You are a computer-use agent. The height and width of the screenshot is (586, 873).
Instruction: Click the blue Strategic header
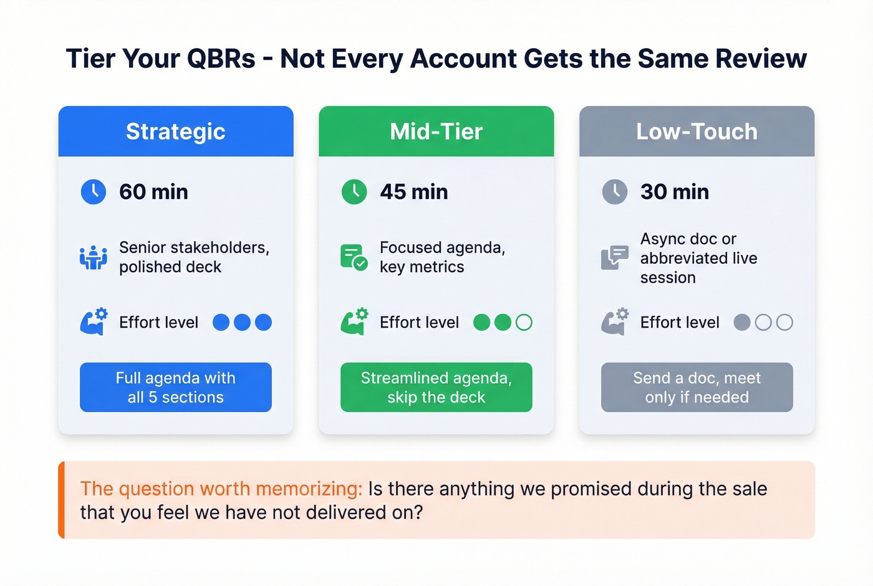pyautogui.click(x=176, y=132)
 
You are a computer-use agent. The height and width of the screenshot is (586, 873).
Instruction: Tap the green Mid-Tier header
pyautogui.click(x=436, y=132)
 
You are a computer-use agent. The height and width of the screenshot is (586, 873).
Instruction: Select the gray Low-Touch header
pyautogui.click(x=697, y=132)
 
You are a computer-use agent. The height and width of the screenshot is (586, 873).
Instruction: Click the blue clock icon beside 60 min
pyautogui.click(x=94, y=192)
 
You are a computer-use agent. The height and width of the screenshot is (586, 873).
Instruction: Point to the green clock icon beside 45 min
pyautogui.click(x=354, y=192)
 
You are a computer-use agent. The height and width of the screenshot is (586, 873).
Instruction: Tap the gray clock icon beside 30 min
pyautogui.click(x=615, y=192)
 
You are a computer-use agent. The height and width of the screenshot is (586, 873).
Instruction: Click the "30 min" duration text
pyautogui.click(x=675, y=192)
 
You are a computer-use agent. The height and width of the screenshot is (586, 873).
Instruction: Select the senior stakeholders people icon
pyautogui.click(x=94, y=257)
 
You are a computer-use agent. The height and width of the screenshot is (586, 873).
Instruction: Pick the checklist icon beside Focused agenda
pyautogui.click(x=354, y=257)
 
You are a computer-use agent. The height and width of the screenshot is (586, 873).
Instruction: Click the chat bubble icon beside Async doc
pyautogui.click(x=614, y=257)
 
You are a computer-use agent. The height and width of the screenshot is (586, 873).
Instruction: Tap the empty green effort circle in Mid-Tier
pyautogui.click(x=524, y=322)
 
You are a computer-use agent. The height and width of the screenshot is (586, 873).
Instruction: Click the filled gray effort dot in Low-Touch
pyautogui.click(x=742, y=322)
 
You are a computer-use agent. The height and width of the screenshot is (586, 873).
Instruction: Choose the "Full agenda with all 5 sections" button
pyautogui.click(x=176, y=388)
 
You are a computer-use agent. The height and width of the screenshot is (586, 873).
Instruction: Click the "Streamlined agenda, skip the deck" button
pyautogui.click(x=436, y=388)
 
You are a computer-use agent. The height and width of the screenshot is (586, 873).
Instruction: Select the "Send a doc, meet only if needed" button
pyautogui.click(x=697, y=388)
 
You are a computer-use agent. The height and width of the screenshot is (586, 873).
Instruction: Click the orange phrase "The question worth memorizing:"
pyautogui.click(x=221, y=489)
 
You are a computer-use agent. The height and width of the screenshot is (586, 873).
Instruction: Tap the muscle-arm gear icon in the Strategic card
pyautogui.click(x=94, y=321)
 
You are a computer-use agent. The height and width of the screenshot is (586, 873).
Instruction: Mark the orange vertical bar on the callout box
pyautogui.click(x=61, y=500)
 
